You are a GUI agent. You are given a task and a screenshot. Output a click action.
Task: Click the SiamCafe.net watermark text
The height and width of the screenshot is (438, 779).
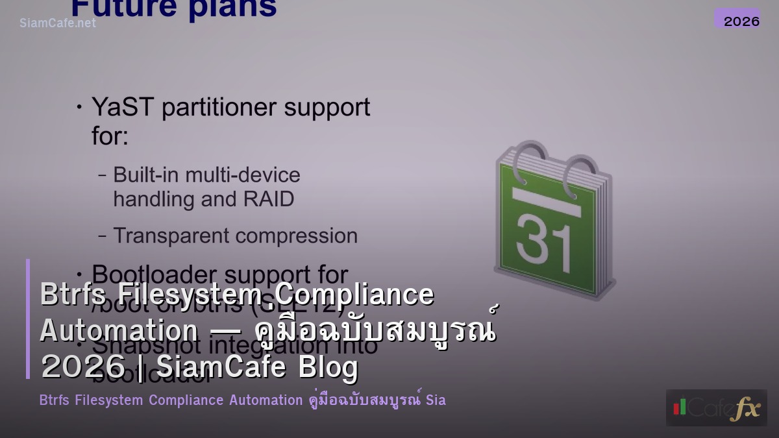58,23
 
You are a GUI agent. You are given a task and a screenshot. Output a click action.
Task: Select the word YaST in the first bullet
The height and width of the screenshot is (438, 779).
123,107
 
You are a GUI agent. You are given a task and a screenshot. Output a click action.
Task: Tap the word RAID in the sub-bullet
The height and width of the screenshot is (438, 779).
269,199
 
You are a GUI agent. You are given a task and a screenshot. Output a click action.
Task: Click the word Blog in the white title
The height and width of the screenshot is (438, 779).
328,367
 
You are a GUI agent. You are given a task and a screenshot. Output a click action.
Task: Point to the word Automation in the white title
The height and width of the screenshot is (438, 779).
119,330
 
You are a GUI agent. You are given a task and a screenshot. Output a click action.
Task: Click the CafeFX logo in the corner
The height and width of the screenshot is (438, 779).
716,408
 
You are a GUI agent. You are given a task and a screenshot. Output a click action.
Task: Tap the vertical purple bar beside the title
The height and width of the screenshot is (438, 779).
28,319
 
